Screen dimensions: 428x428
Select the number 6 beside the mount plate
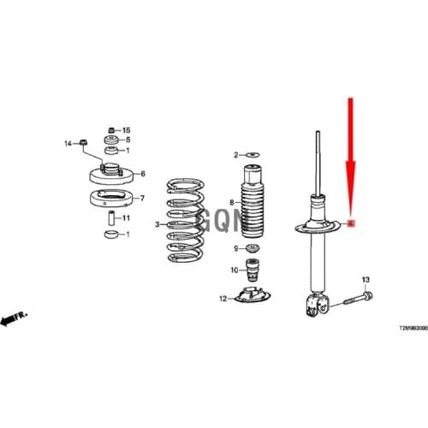click(143, 175)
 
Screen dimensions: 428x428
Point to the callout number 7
click(143, 199)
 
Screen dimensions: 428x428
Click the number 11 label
click(127, 218)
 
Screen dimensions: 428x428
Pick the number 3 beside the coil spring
click(157, 225)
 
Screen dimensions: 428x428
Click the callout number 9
click(235, 249)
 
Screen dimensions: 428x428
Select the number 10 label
click(234, 270)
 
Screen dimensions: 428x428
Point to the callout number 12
click(223, 299)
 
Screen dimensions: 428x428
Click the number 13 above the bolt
click(365, 281)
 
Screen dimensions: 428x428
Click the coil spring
click(182, 219)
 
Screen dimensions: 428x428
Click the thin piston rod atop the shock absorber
click(318, 163)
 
